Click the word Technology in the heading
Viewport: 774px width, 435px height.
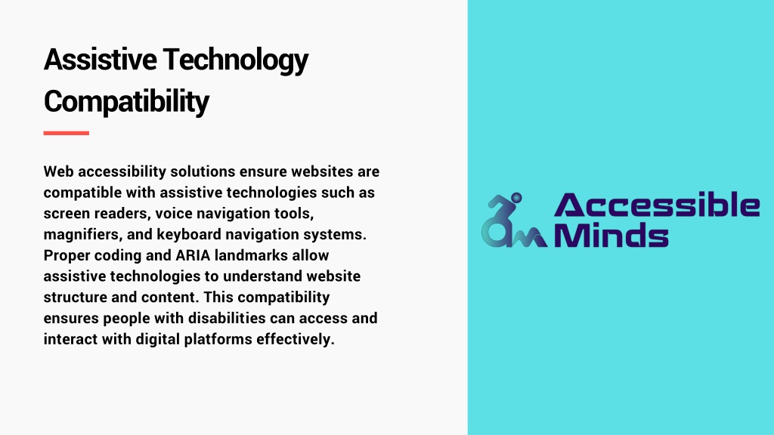coord(236,60)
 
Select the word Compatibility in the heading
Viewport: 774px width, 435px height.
coord(126,102)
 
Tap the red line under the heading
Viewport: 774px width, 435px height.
coord(67,133)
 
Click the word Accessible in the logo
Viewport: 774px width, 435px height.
coord(657,205)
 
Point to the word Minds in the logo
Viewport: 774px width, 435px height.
coord(611,235)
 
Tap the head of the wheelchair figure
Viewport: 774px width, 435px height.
coord(516,198)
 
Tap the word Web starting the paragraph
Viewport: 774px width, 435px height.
coord(58,171)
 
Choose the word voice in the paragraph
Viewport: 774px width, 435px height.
coord(174,214)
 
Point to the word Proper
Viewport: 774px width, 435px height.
coord(67,256)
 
